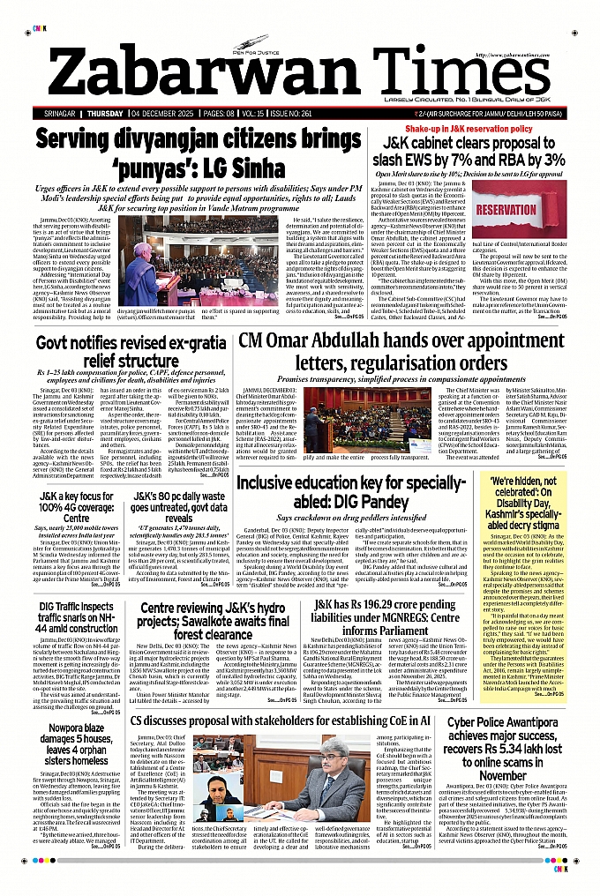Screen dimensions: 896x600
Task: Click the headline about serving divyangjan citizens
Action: [x=199, y=149]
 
